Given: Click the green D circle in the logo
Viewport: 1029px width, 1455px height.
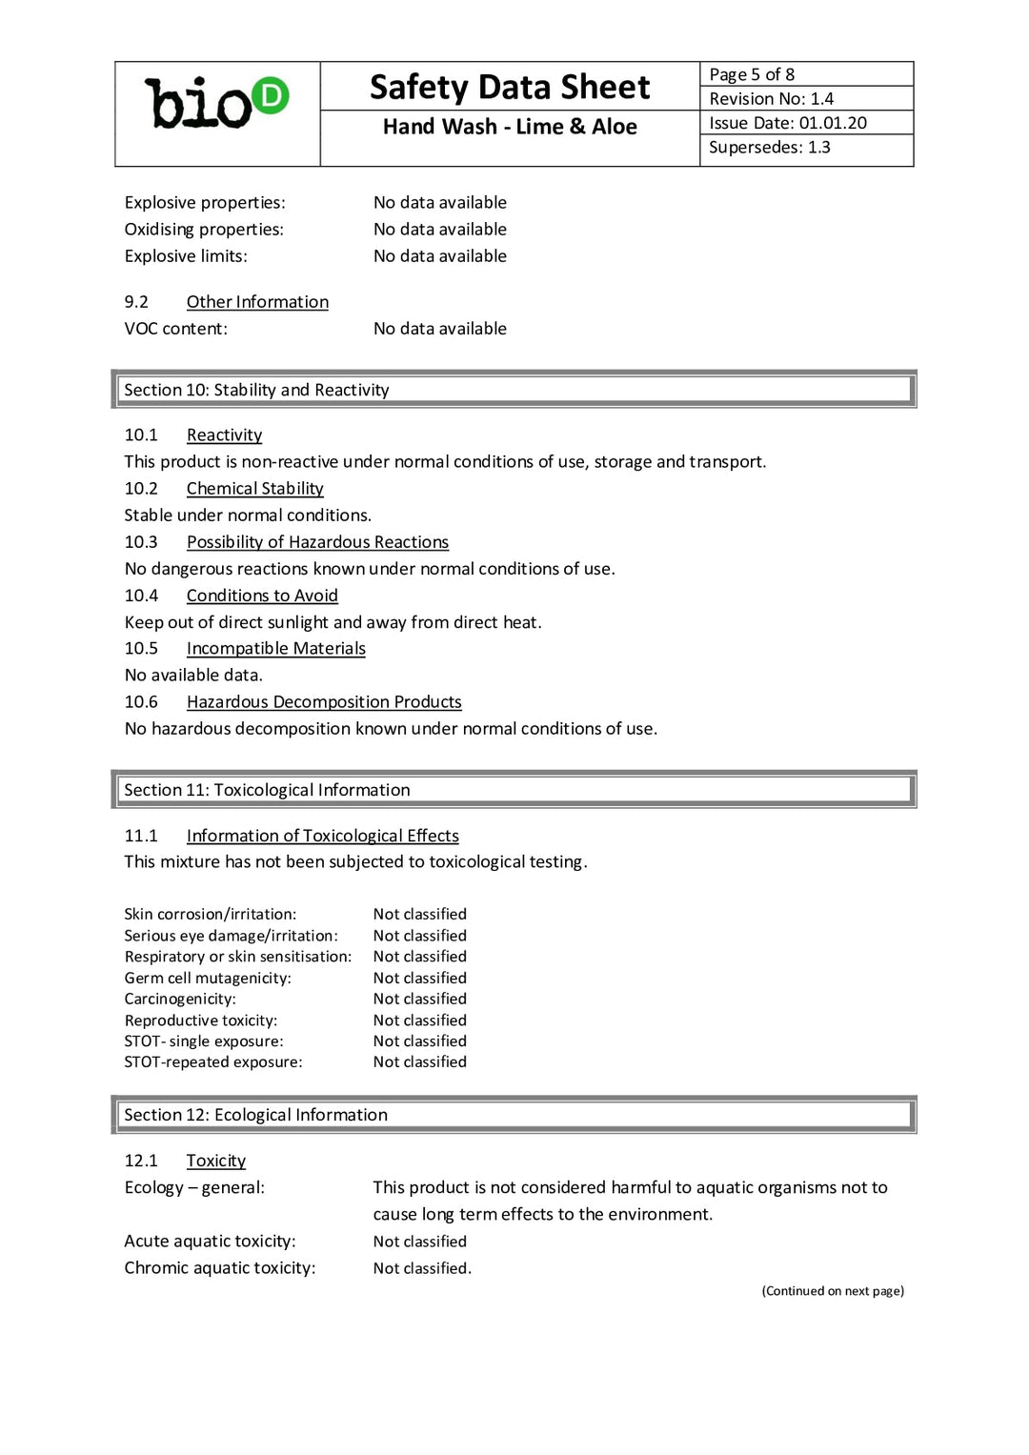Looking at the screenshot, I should [271, 95].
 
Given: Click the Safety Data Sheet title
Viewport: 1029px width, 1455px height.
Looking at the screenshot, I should [510, 88].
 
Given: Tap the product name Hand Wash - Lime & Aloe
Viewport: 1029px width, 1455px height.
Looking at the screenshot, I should [510, 127].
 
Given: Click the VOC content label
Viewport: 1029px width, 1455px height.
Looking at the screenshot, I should [175, 329].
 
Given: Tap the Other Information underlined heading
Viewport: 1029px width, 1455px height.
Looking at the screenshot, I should [257, 302].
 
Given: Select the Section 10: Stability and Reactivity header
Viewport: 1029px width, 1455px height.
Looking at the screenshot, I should [256, 390].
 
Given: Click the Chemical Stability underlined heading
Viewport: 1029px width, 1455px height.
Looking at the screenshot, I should [254, 489].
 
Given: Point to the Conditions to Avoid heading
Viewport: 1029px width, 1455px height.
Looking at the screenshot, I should [262, 596].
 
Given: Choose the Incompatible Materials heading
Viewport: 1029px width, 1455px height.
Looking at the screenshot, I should [275, 649].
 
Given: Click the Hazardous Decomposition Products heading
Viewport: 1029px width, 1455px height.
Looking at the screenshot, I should [324, 702].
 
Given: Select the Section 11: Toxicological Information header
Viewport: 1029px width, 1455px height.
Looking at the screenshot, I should [267, 790].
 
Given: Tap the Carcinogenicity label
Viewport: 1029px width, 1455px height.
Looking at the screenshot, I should [180, 999].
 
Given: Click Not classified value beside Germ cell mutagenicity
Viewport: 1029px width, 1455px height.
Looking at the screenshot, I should [419, 978].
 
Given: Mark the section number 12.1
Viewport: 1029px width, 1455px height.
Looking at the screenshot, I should [141, 1161].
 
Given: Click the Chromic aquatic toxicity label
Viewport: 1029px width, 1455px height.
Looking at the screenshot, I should [219, 1268].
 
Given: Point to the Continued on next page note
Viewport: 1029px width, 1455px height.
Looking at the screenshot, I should [832, 1291].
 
